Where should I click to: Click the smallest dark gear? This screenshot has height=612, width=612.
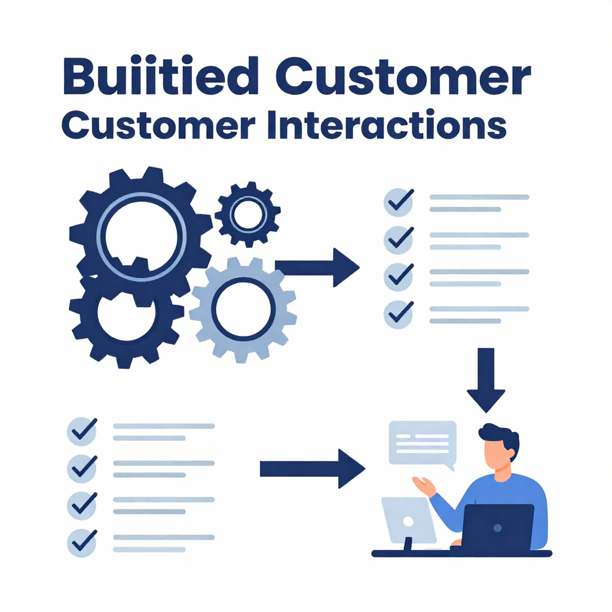(247, 213)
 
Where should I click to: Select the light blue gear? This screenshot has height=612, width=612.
(243, 308)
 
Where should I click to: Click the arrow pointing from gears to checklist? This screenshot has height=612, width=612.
(317, 267)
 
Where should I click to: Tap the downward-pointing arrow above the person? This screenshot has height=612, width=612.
(486, 380)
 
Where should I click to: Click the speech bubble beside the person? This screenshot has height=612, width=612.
(422, 443)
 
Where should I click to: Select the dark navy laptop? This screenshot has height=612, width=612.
(498, 529)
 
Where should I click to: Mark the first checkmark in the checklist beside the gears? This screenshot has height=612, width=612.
(397, 203)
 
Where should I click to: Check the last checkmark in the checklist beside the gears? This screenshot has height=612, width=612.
(397, 313)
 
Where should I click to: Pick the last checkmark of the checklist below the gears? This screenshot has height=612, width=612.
(81, 541)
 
